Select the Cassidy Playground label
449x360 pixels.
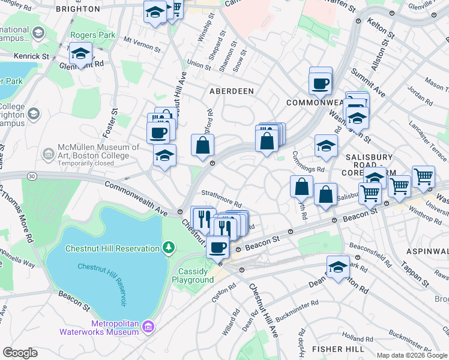click(x=193, y=275)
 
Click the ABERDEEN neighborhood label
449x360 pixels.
click(x=232, y=91)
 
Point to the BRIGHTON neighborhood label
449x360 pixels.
click(x=77, y=10)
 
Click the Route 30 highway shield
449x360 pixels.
click(x=31, y=176)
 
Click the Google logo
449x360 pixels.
click(x=20, y=353)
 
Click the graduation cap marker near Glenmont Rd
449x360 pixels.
click(x=80, y=54)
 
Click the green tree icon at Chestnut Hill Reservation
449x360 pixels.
click(x=169, y=247)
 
